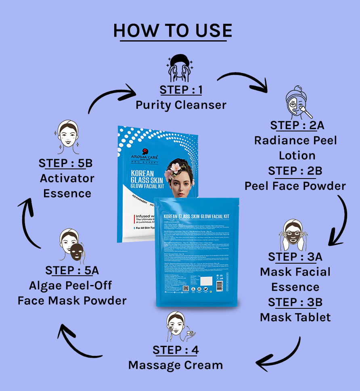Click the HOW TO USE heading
[x=173, y=31]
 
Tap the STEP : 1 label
[x=180, y=89]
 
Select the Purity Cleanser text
[x=180, y=105]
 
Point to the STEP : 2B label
[x=295, y=171]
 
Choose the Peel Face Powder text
[x=295, y=186]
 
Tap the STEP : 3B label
[x=295, y=302]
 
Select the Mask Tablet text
[x=295, y=317]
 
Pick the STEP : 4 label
[x=176, y=350]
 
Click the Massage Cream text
[x=176, y=365]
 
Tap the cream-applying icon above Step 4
[x=178, y=326]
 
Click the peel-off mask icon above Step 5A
[x=73, y=246]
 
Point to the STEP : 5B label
[x=66, y=163]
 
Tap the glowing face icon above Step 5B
[x=67, y=137]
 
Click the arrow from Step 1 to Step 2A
[x=242, y=81]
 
